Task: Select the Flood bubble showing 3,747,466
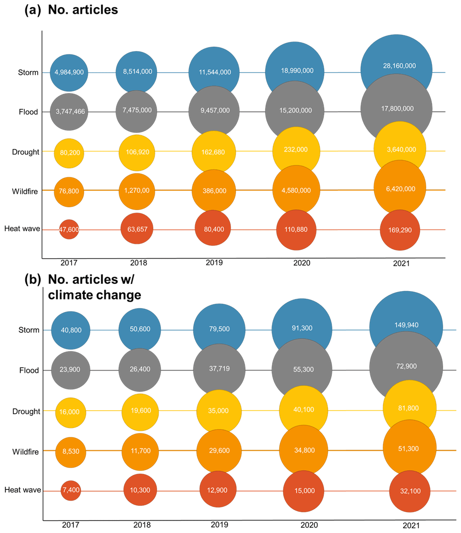coord(69,111)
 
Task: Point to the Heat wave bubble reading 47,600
coord(69,229)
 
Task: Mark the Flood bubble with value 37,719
coord(219,370)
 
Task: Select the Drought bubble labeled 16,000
coord(71,412)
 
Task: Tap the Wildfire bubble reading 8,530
coord(71,451)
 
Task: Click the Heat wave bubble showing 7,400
coord(70,490)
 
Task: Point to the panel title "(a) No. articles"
coord(72,10)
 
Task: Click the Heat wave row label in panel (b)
coord(22,490)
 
